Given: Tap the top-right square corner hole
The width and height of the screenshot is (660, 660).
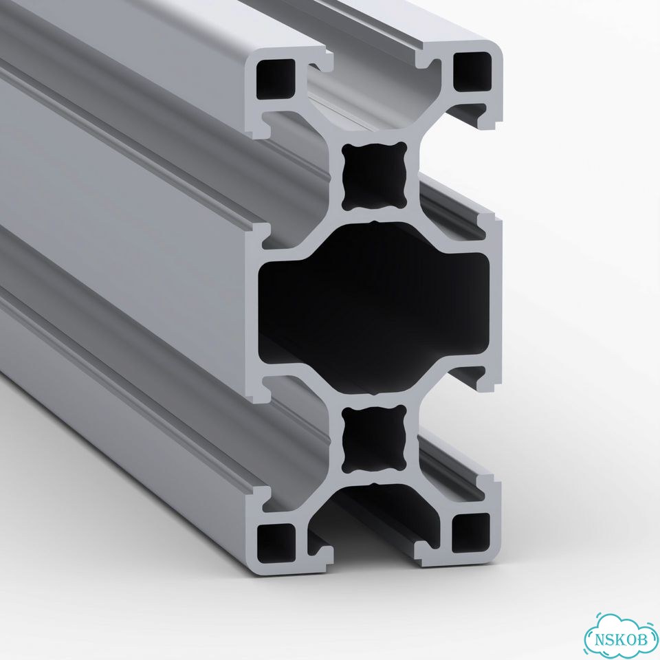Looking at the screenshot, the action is pyautogui.click(x=472, y=71).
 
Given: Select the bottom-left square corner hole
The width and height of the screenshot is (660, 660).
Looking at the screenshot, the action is pyautogui.click(x=276, y=543).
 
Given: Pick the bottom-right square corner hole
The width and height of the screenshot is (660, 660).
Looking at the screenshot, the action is pyautogui.click(x=470, y=533).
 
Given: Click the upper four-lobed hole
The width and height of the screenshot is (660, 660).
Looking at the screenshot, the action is pyautogui.click(x=374, y=176).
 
